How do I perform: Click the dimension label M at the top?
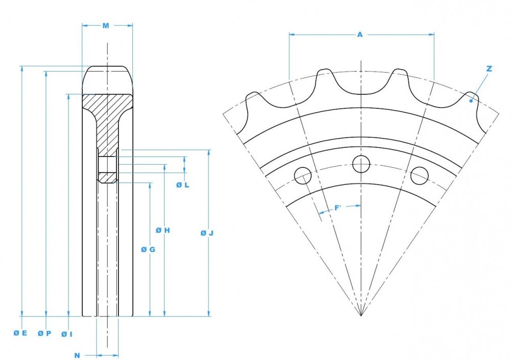tap(106, 25)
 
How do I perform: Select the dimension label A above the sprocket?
tap(360, 34)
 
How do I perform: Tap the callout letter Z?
tap(489, 69)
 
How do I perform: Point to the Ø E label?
tap(20, 333)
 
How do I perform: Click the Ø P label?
tap(44, 333)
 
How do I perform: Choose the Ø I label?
tap(67, 334)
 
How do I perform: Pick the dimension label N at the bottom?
tap(77, 355)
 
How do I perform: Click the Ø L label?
tap(183, 185)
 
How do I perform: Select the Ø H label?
tap(163, 231)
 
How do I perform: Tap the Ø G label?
tap(148, 250)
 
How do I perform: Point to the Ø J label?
tap(206, 233)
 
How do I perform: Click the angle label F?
tap(337, 208)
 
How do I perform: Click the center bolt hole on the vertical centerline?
tap(361, 164)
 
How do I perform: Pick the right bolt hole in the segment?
tap(420, 175)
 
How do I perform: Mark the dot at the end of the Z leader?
tap(471, 101)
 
